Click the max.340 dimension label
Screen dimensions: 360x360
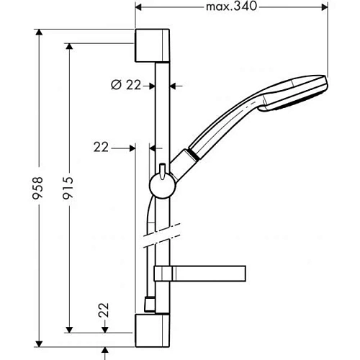(230, 7)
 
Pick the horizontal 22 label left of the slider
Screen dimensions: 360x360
(101, 147)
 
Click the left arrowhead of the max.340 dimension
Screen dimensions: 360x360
(139, 7)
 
